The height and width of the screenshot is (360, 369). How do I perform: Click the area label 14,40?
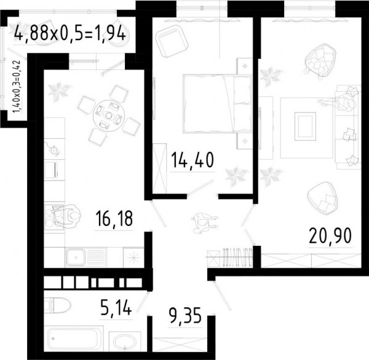coord(192,160)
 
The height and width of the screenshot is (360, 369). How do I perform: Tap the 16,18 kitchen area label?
coord(114,219)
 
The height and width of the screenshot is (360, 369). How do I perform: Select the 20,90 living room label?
coord(330,236)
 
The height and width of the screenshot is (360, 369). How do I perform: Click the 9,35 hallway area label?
coord(185,316)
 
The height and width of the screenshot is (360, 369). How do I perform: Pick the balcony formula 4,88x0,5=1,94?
coord(69,34)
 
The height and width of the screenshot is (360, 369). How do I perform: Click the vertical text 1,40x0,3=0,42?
coord(17,87)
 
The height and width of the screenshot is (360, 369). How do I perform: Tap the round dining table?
coord(108,115)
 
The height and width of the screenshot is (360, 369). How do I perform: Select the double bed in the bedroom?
coord(218,104)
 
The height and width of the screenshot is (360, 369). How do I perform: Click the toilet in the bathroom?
coord(58,305)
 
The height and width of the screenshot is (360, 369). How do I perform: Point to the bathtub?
coord(73,338)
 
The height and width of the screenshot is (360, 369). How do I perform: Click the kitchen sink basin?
coord(76,257)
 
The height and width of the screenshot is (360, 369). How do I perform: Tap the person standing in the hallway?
coord(204,222)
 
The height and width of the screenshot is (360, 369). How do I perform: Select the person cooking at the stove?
coord(67,216)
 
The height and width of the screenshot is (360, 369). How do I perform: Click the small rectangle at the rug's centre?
coord(305,127)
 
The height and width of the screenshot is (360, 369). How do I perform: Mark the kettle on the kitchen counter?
coord(54,149)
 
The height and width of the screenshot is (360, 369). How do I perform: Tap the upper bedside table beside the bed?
coord(245,66)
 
